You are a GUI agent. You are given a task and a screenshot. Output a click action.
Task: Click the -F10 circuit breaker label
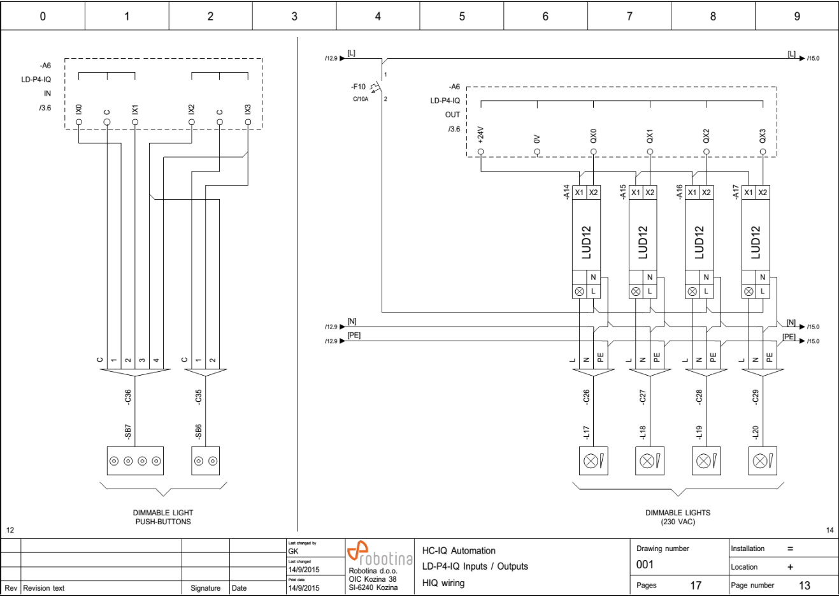pyautogui.click(x=358, y=87)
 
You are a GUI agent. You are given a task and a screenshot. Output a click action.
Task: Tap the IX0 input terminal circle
pyautogui.click(x=78, y=122)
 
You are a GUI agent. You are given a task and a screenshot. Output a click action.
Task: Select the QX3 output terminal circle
pyautogui.click(x=763, y=152)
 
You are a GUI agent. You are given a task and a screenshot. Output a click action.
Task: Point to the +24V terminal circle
pyautogui.click(x=481, y=152)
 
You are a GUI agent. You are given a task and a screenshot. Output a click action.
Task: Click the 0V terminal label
pyautogui.click(x=537, y=139)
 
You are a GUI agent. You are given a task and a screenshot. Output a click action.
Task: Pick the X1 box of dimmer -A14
pyautogui.click(x=579, y=193)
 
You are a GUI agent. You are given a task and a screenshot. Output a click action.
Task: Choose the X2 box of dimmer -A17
pyautogui.click(x=763, y=193)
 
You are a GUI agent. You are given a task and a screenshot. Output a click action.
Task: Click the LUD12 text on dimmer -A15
pyautogui.click(x=643, y=242)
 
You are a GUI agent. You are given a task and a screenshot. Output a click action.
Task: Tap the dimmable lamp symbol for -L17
pyautogui.click(x=593, y=461)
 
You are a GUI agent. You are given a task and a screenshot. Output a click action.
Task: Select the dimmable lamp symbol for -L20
pyautogui.click(x=763, y=461)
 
